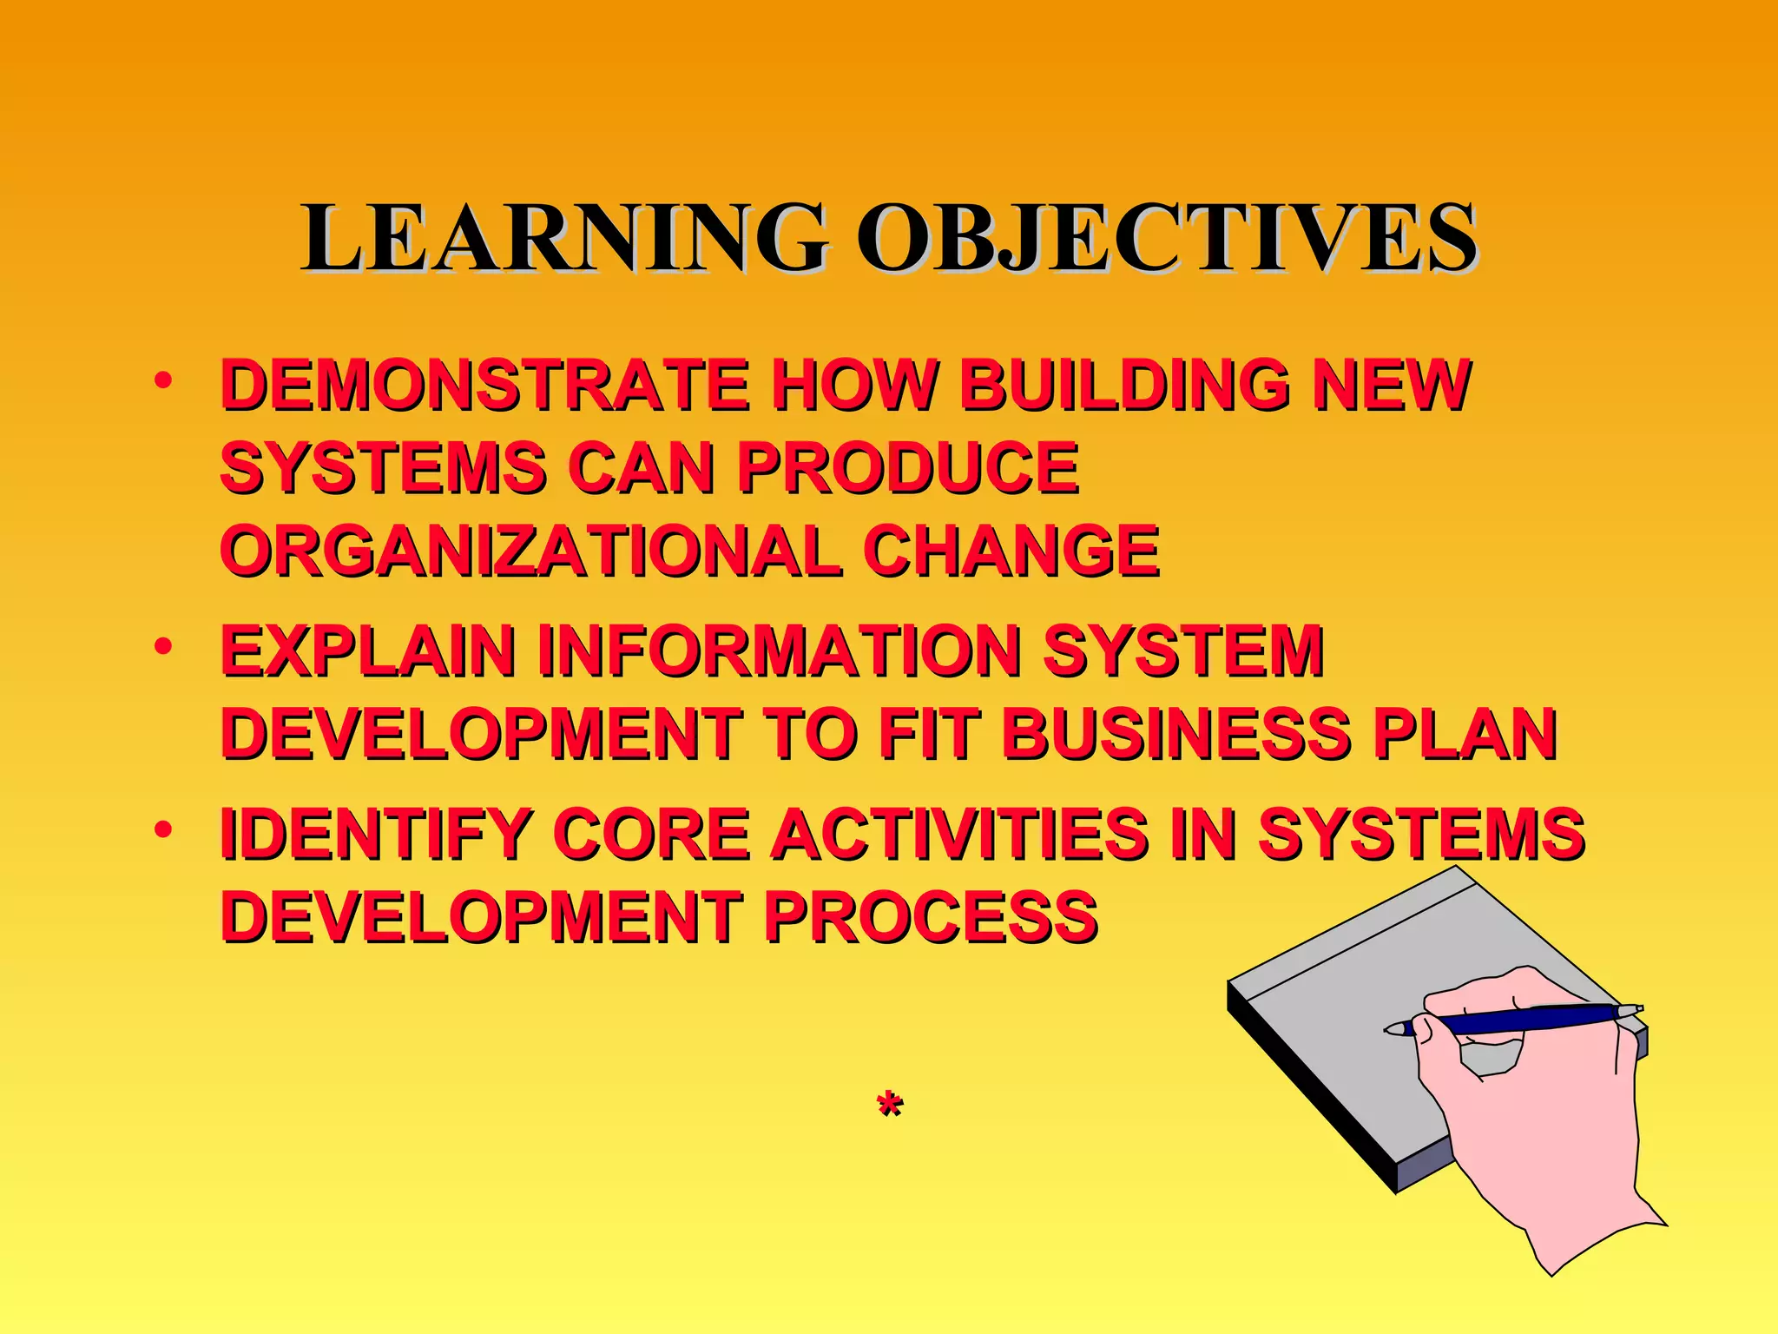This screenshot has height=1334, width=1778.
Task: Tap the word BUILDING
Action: [1124, 385]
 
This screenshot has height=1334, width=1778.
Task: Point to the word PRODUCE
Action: [907, 467]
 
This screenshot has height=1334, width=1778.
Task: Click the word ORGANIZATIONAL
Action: [530, 551]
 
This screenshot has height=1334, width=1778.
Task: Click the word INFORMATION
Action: [779, 650]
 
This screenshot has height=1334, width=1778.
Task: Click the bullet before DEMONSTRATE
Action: [162, 380]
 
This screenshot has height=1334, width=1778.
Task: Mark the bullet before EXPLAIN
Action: [162, 647]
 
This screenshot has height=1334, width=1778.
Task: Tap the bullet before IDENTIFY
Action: [162, 830]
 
